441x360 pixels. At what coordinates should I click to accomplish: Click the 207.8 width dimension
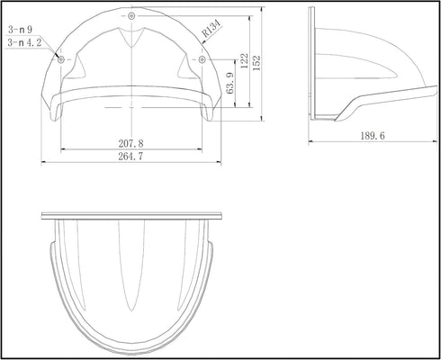pyautogui.click(x=130, y=143)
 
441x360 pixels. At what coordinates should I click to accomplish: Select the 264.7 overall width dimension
pyautogui.click(x=130, y=157)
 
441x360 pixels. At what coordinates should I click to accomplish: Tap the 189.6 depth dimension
pyautogui.click(x=373, y=136)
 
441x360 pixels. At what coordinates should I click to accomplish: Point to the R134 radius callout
pyautogui.click(x=211, y=28)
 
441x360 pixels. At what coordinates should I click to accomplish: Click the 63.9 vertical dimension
pyautogui.click(x=230, y=83)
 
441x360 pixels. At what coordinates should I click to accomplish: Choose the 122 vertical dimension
pyautogui.click(x=245, y=61)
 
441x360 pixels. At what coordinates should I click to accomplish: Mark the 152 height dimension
pyautogui.click(x=256, y=63)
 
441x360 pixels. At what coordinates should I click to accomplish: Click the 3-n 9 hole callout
pyautogui.click(x=21, y=30)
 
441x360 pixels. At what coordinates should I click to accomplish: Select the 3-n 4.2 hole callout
pyautogui.click(x=24, y=42)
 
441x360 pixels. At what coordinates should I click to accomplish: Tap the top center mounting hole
pyautogui.click(x=131, y=15)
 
